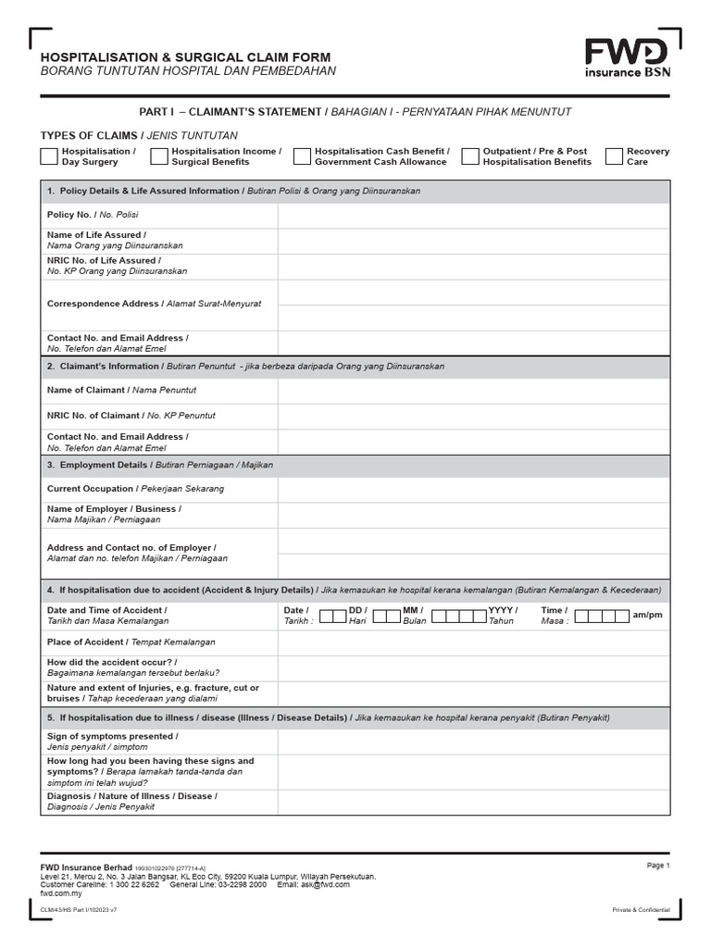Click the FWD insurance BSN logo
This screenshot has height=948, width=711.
tap(627, 57)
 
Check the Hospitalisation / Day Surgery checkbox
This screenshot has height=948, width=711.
tap(49, 156)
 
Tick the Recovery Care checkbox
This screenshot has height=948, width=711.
tap(614, 156)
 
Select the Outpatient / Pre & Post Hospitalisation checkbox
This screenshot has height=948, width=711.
tap(470, 156)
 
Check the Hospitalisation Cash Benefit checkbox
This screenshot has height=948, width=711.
tap(302, 156)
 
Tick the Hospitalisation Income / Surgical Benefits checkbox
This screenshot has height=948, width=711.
tap(158, 156)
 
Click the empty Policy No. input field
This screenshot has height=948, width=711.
tap(473, 215)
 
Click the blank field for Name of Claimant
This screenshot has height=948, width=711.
tap(473, 391)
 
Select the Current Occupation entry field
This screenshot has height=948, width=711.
tap(473, 489)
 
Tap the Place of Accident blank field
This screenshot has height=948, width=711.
tap(473, 642)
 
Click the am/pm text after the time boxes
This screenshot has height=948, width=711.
tap(647, 615)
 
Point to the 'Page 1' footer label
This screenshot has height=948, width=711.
tap(657, 865)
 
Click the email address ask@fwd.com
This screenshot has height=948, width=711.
tap(326, 884)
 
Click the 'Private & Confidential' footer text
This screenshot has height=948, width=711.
tap(641, 910)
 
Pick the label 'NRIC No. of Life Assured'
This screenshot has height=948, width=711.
tap(101, 261)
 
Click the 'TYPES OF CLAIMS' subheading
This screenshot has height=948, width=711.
tap(88, 135)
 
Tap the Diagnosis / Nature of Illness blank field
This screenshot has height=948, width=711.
tap(473, 802)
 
